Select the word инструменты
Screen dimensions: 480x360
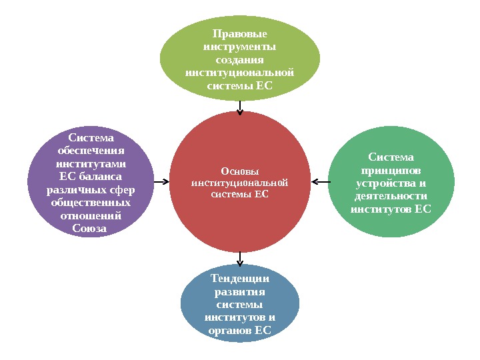239,47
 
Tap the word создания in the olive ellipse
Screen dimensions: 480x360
239,60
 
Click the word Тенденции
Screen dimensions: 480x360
239,279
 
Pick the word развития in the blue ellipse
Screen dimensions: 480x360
239,292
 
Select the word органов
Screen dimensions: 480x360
230,331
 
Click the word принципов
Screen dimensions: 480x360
391,171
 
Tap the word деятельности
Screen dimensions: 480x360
391,196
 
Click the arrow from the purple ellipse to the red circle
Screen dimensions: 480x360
160,181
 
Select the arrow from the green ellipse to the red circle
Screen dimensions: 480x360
320,181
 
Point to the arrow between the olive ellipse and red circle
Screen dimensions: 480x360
240,107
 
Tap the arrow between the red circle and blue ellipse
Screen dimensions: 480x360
240,258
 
